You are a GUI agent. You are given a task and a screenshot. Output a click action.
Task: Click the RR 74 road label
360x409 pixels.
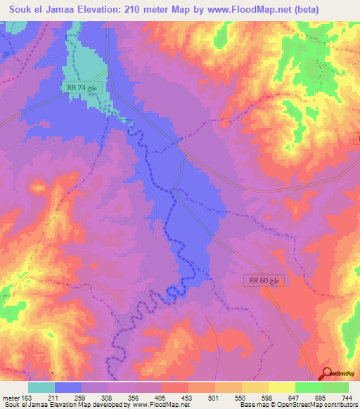coord(87,87)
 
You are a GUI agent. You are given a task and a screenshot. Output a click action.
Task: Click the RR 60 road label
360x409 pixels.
coord(266,280)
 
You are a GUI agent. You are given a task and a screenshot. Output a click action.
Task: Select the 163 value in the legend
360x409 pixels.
coord(28,398)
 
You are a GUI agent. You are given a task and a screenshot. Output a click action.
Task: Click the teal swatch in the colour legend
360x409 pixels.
coord(41,387)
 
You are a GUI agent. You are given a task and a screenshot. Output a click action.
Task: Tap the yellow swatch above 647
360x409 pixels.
coord(282,387)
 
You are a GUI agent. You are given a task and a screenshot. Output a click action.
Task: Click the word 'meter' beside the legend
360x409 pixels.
coord(10,398)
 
